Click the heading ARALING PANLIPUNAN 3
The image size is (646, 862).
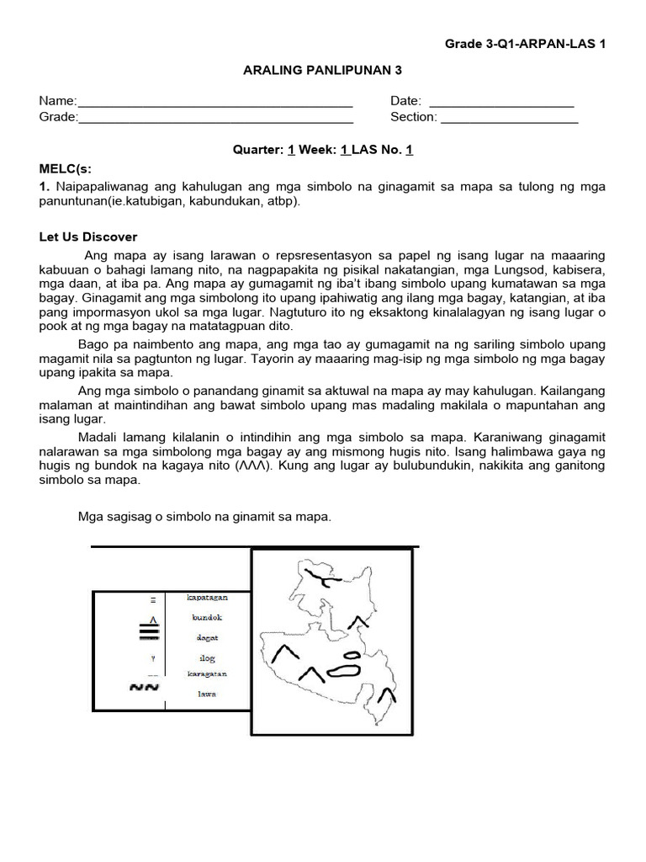322,72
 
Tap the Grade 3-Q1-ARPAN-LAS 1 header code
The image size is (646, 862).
525,44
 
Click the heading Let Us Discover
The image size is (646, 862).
87,237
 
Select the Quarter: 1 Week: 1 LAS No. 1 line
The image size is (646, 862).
322,150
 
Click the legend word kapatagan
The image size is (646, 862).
207,597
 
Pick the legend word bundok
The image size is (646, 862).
207,617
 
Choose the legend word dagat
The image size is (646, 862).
207,637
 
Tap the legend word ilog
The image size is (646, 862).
207,657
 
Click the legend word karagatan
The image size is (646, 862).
207,674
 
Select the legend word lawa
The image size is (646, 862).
207,694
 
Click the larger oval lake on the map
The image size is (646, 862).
343,671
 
